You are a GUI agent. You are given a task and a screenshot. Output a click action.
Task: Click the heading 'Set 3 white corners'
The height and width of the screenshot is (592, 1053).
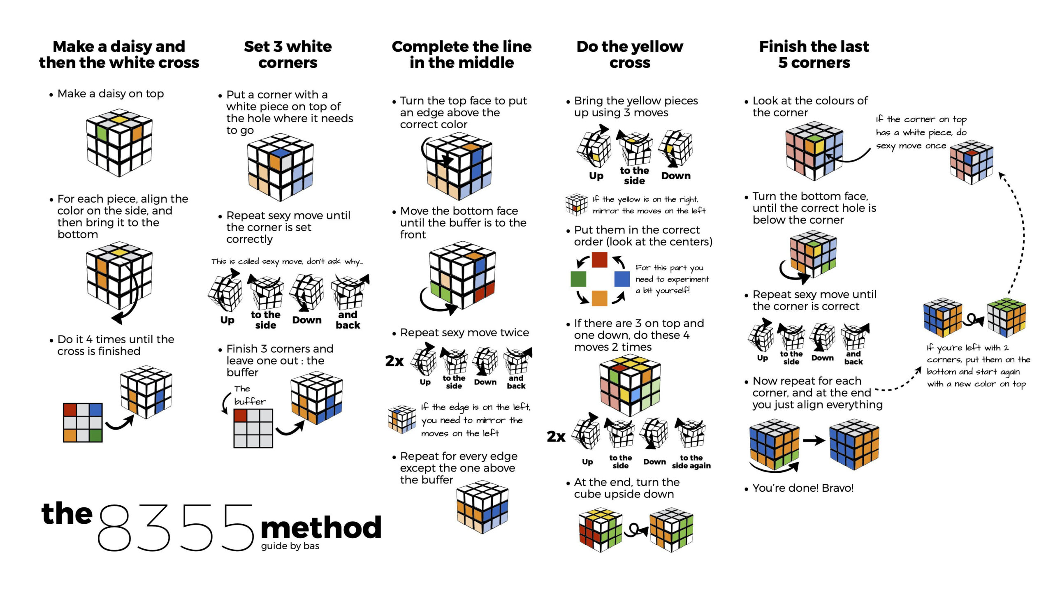(x=288, y=54)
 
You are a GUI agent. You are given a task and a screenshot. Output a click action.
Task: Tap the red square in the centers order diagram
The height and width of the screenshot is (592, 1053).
(x=599, y=260)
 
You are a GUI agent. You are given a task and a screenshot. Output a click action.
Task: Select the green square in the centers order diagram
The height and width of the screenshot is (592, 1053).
(x=578, y=279)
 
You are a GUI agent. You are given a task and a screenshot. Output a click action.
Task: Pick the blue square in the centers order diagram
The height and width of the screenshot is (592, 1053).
(x=622, y=279)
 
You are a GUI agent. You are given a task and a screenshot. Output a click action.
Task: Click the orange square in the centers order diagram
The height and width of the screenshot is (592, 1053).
(x=599, y=298)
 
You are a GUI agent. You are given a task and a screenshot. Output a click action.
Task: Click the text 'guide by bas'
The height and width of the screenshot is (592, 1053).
(x=290, y=546)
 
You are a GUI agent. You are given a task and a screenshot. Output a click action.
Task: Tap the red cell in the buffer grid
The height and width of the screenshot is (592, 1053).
(x=240, y=415)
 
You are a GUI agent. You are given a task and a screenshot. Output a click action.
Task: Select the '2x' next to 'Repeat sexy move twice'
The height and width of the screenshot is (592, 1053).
(x=394, y=361)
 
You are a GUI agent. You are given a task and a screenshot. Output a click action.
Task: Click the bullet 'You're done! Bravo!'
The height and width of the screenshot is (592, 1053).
(x=803, y=488)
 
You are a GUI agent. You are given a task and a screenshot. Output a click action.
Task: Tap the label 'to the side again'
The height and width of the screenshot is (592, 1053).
(x=691, y=462)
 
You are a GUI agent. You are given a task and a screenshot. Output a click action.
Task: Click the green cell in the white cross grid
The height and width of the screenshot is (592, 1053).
(x=95, y=435)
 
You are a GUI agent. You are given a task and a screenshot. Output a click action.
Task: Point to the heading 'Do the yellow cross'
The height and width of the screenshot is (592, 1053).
(x=630, y=54)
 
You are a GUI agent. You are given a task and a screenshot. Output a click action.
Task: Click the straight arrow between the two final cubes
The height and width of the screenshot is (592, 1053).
(x=814, y=441)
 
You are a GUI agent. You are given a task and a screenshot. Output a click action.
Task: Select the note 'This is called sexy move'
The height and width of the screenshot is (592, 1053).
(x=287, y=261)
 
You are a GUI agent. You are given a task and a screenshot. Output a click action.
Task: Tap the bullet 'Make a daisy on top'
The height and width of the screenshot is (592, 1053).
(x=110, y=94)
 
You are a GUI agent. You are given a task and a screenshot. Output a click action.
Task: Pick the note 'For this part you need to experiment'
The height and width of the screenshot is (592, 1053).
(x=672, y=279)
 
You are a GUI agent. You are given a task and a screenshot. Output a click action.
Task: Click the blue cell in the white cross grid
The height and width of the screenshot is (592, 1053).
(x=95, y=410)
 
